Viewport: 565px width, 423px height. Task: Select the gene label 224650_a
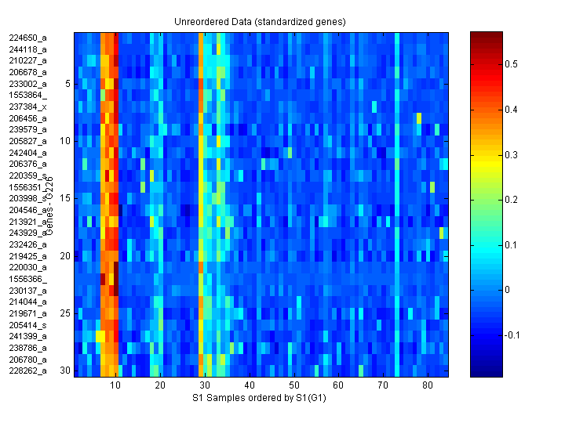tap(27, 38)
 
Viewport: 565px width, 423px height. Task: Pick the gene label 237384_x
tap(27, 106)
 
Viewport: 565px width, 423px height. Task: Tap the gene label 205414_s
tap(27, 324)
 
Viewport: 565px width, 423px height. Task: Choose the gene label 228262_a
tap(27, 371)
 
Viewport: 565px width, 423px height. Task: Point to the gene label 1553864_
tap(27, 95)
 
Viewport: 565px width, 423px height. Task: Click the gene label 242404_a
tap(27, 152)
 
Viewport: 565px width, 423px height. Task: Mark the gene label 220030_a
tap(27, 267)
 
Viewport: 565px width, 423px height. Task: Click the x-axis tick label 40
tap(250, 386)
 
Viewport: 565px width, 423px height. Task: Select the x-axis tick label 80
tap(427, 386)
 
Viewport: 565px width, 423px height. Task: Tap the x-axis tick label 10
tap(115, 386)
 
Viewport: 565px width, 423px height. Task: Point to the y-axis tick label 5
tap(67, 83)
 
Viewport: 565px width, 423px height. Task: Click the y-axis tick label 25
tap(66, 313)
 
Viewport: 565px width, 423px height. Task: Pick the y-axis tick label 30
tap(66, 371)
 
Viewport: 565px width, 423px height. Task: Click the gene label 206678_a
tap(27, 71)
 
